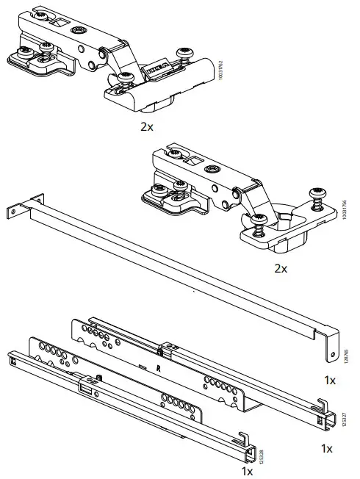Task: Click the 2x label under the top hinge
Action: (x=147, y=126)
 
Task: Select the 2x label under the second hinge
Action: (x=281, y=268)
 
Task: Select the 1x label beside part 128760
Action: (x=329, y=380)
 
